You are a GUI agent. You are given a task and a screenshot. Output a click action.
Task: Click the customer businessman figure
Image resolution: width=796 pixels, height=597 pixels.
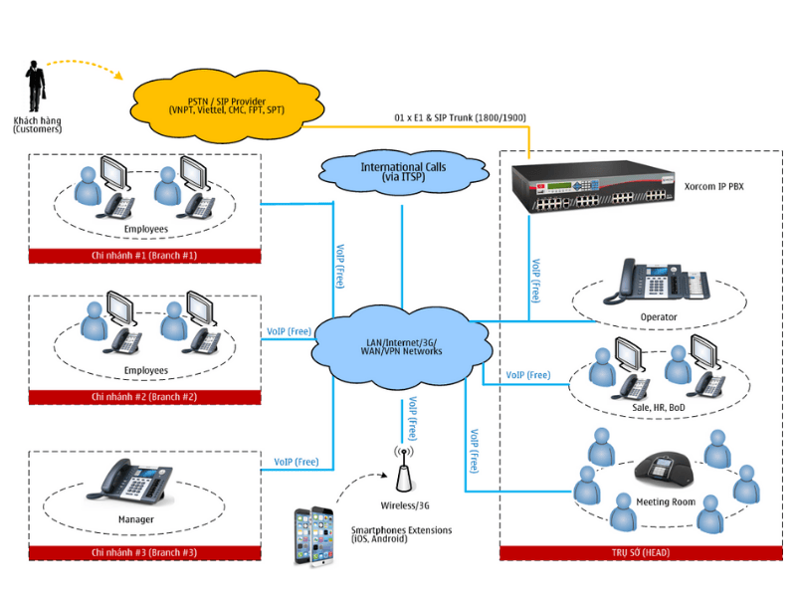[x=37, y=87]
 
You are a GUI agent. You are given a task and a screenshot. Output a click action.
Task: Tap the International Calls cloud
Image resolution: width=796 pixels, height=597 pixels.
[x=402, y=172]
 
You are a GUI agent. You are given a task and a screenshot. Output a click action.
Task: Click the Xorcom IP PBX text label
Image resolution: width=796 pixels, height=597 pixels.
[x=713, y=186]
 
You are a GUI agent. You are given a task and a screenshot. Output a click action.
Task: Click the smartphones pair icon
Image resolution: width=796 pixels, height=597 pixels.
[x=312, y=536]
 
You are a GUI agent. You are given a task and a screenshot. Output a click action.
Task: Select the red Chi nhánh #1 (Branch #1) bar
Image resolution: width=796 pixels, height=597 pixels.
[x=144, y=256]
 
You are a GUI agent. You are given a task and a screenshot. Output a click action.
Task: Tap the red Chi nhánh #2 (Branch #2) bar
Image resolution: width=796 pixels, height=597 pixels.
[x=144, y=397]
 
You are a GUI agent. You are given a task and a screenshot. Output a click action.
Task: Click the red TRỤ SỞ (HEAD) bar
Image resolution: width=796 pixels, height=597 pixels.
[x=640, y=552]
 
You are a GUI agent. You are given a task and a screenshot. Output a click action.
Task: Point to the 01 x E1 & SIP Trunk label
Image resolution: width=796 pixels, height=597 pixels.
[x=460, y=118]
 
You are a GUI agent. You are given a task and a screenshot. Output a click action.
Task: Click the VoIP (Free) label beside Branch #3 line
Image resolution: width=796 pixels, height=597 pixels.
[x=297, y=462]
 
